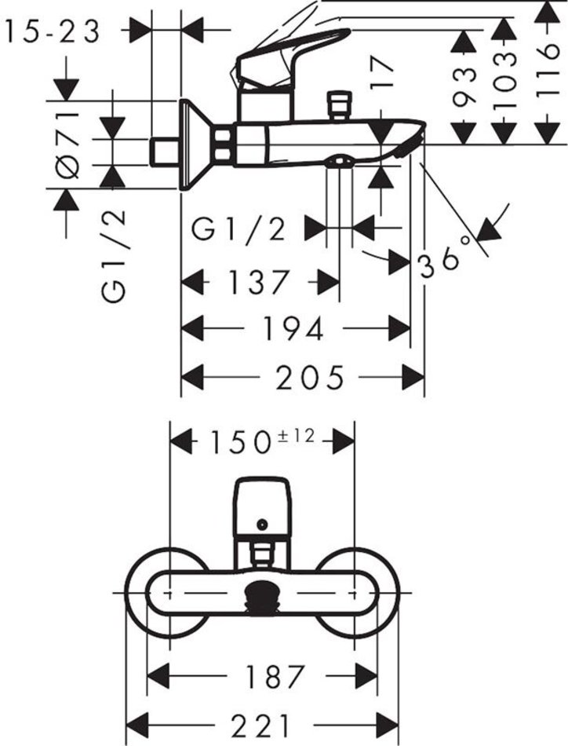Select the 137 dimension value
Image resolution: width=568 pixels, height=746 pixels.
tap(260, 282)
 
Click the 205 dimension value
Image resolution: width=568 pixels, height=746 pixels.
tap(311, 378)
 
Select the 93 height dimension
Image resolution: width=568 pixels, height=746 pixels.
tap(466, 85)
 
